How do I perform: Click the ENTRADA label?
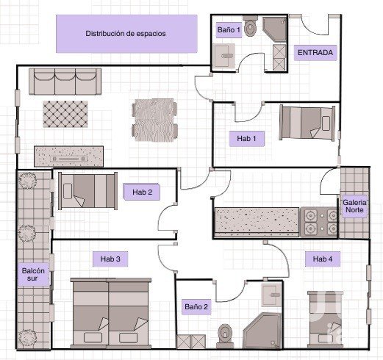click(x=315, y=53)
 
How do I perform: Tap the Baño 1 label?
click(x=229, y=30)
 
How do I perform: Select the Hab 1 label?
click(x=246, y=139)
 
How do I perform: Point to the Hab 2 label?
click(x=142, y=192)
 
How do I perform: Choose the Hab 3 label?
click(x=110, y=259)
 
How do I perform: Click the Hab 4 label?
click(x=323, y=259)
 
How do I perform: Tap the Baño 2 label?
click(x=196, y=307)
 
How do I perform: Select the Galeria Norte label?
click(x=354, y=206)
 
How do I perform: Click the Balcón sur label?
click(x=33, y=275)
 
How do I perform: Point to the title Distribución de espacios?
click(x=126, y=34)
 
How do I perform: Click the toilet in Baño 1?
click(x=250, y=26)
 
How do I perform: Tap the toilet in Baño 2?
click(x=225, y=336)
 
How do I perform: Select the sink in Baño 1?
click(x=224, y=56)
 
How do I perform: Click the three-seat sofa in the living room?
click(x=65, y=82)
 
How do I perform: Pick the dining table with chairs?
click(x=154, y=120)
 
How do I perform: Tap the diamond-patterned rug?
click(x=65, y=114)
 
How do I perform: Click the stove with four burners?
click(x=319, y=222)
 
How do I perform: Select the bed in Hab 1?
click(x=307, y=123)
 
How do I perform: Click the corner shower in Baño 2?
click(x=262, y=331)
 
